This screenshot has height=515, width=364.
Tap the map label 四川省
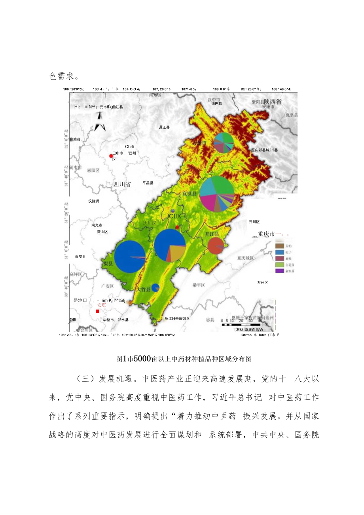point(122,184)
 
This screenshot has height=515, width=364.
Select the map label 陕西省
point(273,101)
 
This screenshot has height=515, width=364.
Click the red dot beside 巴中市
point(111,156)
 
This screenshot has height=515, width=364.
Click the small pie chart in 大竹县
point(155,288)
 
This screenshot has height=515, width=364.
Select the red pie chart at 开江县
point(215,246)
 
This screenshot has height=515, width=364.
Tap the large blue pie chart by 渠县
point(130,257)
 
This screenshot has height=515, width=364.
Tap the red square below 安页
point(97,312)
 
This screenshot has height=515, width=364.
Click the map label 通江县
point(164,127)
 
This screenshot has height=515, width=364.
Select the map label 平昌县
point(148,183)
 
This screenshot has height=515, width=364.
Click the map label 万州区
point(262,283)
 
